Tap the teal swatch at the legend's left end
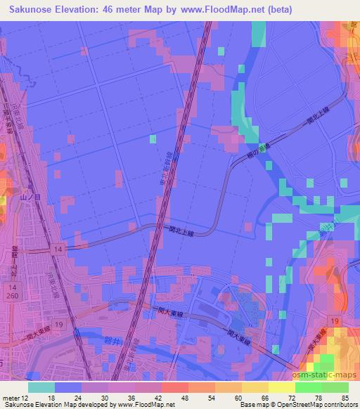pos(41,387)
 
